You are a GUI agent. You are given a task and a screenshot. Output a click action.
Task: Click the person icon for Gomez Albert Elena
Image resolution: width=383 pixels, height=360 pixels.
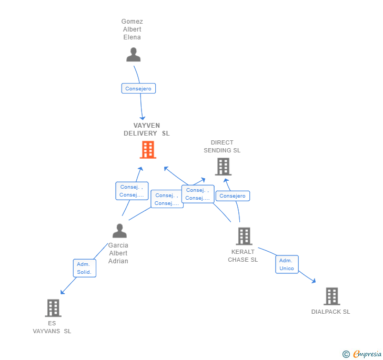click(x=134, y=55)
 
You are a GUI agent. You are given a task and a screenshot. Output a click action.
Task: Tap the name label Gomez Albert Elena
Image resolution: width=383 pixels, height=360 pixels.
click(x=132, y=29)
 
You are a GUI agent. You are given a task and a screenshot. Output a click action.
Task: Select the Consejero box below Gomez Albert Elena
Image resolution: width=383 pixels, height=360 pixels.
click(x=138, y=89)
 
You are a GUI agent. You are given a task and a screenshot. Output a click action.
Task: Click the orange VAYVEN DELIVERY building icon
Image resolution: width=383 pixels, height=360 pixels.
click(x=148, y=150)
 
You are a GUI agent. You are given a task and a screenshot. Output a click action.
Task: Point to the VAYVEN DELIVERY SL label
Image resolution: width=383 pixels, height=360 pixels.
click(x=146, y=129)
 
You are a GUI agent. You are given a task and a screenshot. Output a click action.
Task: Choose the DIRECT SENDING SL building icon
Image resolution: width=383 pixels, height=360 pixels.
click(x=223, y=167)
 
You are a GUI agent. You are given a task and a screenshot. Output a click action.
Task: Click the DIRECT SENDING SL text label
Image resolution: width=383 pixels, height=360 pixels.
click(x=222, y=146)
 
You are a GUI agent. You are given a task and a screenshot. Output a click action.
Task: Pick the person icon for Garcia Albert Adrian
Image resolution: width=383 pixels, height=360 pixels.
click(x=120, y=231)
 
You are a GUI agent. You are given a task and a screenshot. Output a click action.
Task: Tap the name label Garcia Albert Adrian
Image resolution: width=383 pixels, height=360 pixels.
click(x=118, y=253)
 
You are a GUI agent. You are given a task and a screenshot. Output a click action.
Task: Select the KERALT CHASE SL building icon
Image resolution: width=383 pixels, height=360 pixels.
click(x=244, y=236)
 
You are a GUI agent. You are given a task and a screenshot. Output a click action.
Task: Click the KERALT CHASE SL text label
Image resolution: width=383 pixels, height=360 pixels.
click(x=243, y=256)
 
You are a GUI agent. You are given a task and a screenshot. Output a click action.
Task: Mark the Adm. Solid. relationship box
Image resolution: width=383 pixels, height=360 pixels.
click(x=84, y=268)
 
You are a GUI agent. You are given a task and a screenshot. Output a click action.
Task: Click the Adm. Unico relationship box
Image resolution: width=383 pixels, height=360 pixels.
click(x=287, y=264)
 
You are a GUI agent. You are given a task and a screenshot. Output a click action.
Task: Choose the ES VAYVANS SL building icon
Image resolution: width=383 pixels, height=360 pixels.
click(x=53, y=308)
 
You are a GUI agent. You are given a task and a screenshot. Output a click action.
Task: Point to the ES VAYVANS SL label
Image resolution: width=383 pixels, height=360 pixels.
click(x=52, y=327)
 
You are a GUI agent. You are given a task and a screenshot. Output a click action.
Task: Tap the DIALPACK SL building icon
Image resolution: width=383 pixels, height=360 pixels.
click(x=331, y=296)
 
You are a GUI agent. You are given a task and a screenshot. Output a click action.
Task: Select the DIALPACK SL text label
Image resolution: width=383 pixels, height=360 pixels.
click(x=330, y=312)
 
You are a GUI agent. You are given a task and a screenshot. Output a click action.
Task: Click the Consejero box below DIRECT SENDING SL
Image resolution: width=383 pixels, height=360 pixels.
click(x=233, y=196)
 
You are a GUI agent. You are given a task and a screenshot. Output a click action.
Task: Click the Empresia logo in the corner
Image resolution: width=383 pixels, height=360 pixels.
click(x=362, y=354)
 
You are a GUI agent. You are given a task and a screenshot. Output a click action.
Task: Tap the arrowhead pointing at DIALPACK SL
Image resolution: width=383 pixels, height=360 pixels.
click(x=314, y=281)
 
